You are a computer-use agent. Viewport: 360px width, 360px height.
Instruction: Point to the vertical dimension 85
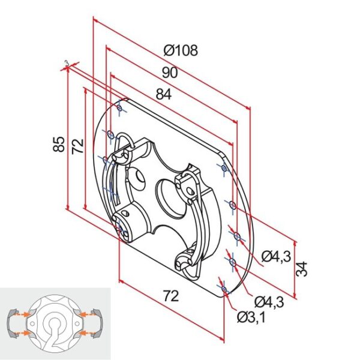point(58,145)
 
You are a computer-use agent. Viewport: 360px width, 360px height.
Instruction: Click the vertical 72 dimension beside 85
point(78,147)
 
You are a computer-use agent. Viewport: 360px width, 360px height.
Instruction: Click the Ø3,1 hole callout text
point(251,316)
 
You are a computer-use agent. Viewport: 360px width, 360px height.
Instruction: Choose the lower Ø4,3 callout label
point(268,301)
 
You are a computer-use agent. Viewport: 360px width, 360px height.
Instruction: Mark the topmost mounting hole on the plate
point(121,108)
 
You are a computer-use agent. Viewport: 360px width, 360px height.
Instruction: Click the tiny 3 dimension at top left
point(66,62)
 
